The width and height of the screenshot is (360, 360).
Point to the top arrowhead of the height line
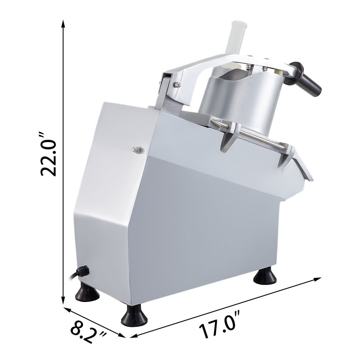click(63, 24)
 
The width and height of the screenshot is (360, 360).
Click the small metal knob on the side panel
click(137, 150)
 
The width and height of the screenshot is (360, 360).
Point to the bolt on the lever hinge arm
click(177, 85)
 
